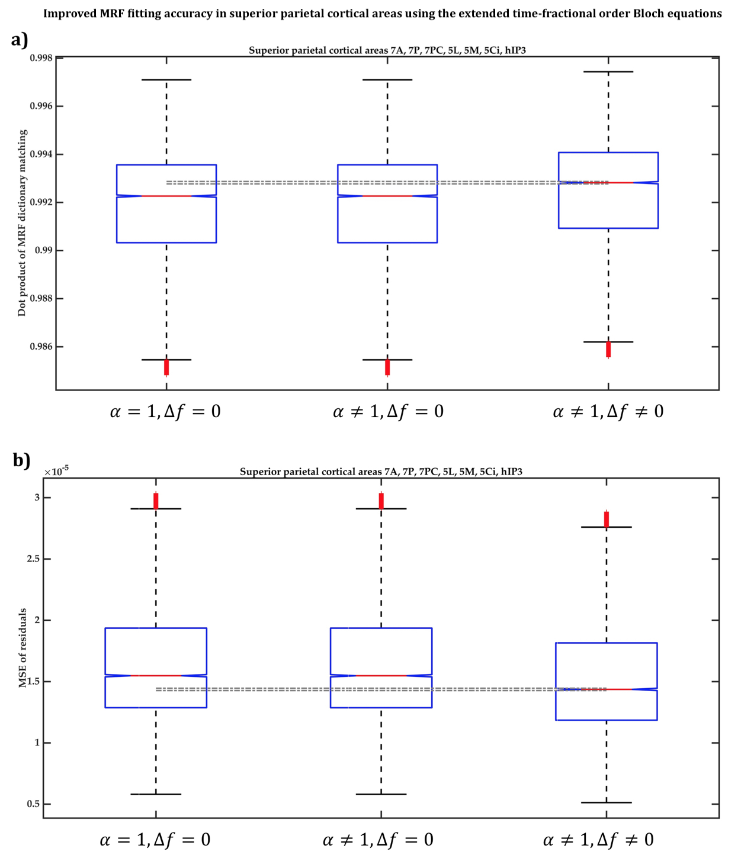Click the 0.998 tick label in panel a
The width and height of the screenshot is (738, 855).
(41, 58)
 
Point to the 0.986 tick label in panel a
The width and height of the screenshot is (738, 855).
(41, 347)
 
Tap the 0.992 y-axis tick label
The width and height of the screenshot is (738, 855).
(41, 202)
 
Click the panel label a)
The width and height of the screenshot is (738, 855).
(20, 40)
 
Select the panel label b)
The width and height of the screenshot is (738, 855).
(21, 460)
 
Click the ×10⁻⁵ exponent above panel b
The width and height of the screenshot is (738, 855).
(56, 472)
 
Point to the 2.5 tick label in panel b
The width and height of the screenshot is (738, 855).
(34, 559)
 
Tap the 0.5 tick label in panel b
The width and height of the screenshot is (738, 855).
(34, 804)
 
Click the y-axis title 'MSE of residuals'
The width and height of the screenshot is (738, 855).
(23, 647)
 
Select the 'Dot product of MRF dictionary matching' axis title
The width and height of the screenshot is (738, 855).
(22, 223)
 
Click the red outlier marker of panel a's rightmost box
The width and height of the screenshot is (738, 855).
(608, 349)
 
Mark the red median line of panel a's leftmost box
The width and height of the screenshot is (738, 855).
(166, 196)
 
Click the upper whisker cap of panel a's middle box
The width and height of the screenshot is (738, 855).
(387, 79)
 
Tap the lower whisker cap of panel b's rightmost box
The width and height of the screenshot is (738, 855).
(607, 802)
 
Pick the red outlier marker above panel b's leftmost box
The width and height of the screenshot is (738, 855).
(156, 501)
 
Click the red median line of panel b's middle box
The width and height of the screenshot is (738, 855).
(381, 675)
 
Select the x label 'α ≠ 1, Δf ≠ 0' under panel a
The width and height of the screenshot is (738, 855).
(608, 411)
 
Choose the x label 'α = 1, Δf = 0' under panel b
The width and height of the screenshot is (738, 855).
(155, 839)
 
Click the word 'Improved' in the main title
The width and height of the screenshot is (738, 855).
(66, 14)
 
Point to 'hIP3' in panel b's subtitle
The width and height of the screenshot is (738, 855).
(511, 472)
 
